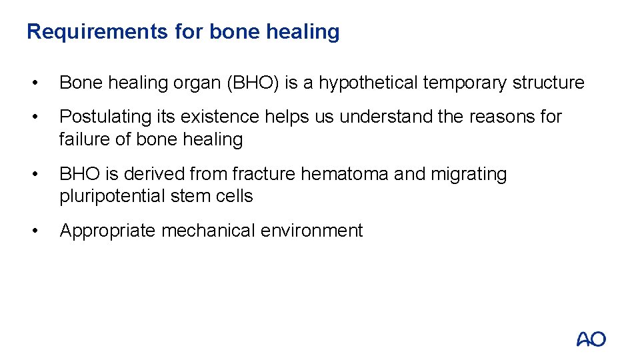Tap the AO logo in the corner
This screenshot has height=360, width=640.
591,339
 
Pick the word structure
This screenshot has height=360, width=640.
548,83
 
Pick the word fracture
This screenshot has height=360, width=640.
264,174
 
